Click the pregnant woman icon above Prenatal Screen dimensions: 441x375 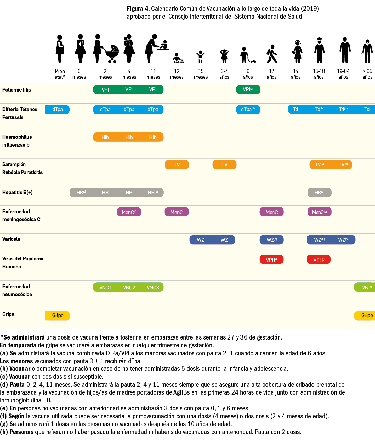(x=60, y=49)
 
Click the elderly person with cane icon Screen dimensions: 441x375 (x=367, y=51)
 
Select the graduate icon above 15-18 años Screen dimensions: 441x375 (x=319, y=50)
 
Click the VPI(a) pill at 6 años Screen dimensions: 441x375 (x=248, y=89)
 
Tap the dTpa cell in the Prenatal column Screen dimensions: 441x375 (x=57, y=109)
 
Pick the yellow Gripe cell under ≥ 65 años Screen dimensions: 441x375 (x=366, y=315)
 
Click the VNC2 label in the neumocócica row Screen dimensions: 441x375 (x=129, y=287)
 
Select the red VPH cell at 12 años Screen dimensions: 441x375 (x=271, y=260)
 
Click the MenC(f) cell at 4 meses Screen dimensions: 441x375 (x=129, y=212)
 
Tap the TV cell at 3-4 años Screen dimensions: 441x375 (x=224, y=165)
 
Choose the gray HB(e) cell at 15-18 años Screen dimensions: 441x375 (x=319, y=193)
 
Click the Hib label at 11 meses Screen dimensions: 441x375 (x=153, y=137)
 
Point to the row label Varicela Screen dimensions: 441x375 (x=11, y=239)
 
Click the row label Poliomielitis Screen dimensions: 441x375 (x=16, y=90)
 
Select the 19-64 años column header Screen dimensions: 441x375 (x=343, y=74)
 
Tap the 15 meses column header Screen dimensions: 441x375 (x=201, y=74)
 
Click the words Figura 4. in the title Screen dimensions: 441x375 (x=138, y=8)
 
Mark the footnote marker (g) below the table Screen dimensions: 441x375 (x=4, y=424)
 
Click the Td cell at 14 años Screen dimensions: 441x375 (x=295, y=109)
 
